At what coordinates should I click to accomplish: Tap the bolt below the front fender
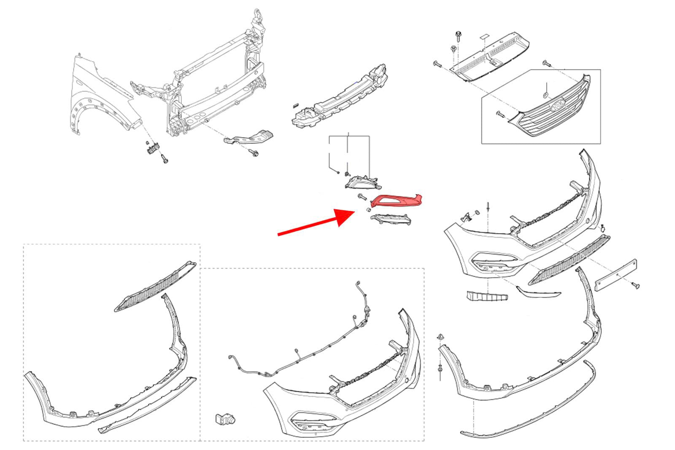(x=165, y=159)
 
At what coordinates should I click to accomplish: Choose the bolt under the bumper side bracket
(x=254, y=153)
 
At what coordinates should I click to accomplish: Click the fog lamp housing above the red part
(x=363, y=182)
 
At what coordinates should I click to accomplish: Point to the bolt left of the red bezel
(x=362, y=196)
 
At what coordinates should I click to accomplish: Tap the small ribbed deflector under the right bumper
(x=487, y=296)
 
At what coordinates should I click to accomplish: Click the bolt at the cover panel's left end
(x=437, y=65)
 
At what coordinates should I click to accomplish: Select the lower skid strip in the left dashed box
(x=148, y=405)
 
